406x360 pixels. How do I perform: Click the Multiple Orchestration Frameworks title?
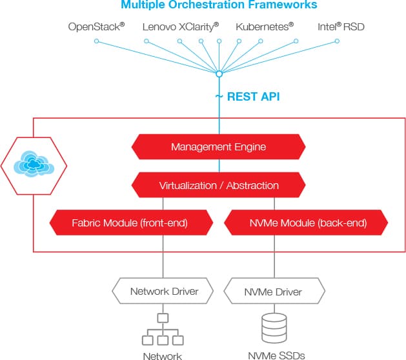(219, 5)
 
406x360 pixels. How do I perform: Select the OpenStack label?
(96, 26)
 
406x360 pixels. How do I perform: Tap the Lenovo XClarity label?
(181, 26)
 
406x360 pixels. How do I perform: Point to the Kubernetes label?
(265, 26)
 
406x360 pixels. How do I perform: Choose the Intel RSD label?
(341, 26)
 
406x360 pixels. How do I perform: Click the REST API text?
(253, 97)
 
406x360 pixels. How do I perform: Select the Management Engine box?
(219, 146)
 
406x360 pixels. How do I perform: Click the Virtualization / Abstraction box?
(219, 185)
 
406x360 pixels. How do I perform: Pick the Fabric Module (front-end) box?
(131, 223)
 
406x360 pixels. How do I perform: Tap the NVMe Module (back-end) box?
(306, 223)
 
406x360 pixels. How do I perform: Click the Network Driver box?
(163, 291)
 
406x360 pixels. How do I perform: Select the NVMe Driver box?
(274, 291)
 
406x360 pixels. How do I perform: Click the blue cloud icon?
(34, 164)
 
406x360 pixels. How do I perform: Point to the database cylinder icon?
(274, 328)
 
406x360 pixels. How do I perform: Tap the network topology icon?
(163, 329)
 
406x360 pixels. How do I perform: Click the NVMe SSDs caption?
(276, 355)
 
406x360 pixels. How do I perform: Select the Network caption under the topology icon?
(163, 356)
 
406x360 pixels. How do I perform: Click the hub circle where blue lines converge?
(219, 74)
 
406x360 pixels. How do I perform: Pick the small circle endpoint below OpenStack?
(96, 41)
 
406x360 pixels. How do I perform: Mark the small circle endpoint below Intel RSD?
(337, 41)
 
